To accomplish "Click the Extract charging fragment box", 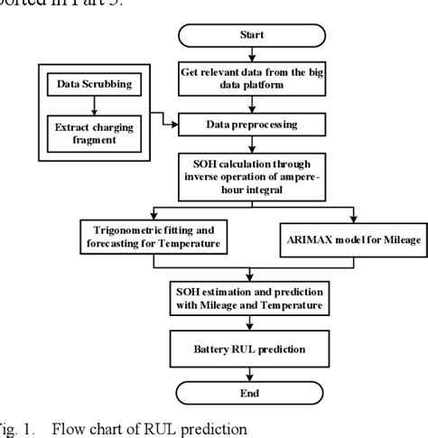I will [x=90, y=135].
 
